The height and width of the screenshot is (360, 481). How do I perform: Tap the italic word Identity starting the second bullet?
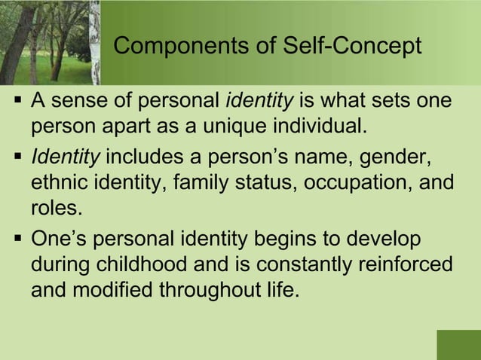(65, 159)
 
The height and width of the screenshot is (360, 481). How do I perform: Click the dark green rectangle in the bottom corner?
(458, 344)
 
